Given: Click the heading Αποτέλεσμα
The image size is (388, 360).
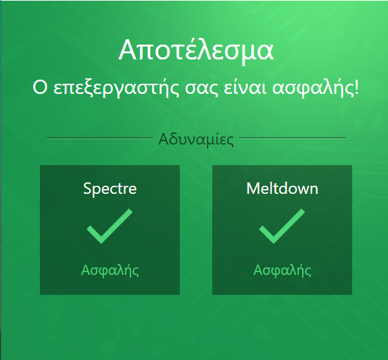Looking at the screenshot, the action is [x=196, y=50].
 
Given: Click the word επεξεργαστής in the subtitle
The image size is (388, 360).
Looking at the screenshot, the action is [x=116, y=88].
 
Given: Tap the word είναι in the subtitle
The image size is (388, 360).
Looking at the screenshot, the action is [x=245, y=87].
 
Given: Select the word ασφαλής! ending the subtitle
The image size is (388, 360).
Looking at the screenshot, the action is [x=316, y=88].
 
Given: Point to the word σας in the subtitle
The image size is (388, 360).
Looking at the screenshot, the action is [x=201, y=89].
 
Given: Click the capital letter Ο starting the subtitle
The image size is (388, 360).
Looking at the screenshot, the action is [x=40, y=87].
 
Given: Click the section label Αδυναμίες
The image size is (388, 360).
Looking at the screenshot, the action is [x=196, y=139].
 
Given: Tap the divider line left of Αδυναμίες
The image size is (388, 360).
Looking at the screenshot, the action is [x=100, y=138].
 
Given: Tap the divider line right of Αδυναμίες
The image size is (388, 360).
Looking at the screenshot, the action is [x=292, y=138].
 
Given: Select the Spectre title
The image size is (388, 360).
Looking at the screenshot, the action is [x=110, y=189].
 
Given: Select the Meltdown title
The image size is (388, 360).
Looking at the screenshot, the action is [x=282, y=188].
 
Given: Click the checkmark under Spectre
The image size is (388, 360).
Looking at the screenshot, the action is [x=110, y=226].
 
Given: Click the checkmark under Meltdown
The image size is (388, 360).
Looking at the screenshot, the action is [x=282, y=226].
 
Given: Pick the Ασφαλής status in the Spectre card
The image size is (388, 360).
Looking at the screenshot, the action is [x=110, y=270].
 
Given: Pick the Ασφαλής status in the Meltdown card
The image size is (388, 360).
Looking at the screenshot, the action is [x=282, y=270].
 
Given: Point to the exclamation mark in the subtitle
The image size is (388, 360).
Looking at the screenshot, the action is [x=357, y=87].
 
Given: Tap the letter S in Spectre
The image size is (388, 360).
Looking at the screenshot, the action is [x=87, y=188].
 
